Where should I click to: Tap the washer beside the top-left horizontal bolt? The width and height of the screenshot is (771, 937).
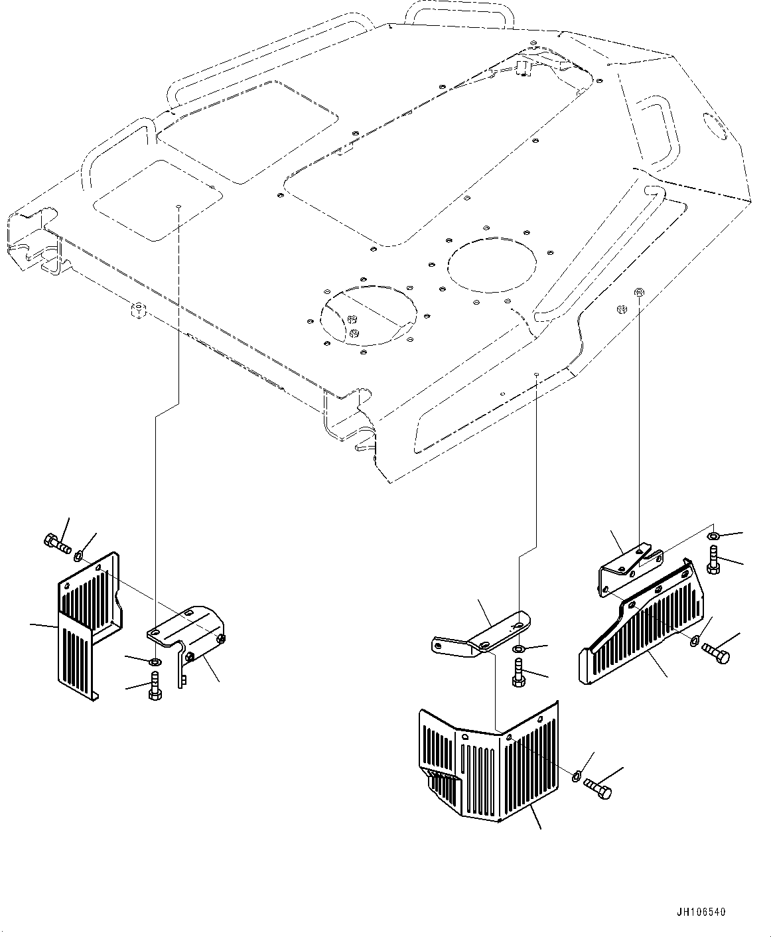click(79, 555)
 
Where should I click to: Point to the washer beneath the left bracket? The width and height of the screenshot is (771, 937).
click(154, 662)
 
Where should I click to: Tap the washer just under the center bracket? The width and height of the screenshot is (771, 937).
click(518, 648)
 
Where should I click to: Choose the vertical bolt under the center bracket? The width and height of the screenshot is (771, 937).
click(519, 672)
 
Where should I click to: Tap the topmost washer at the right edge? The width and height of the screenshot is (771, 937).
click(713, 536)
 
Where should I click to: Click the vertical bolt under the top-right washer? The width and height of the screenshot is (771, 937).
click(713, 561)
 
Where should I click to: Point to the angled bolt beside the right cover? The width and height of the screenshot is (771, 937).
click(717, 651)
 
